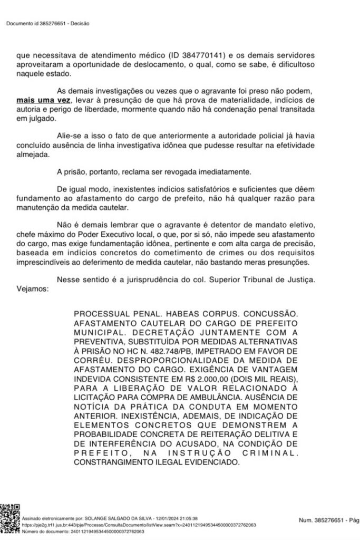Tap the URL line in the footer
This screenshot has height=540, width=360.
pos(139,525)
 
